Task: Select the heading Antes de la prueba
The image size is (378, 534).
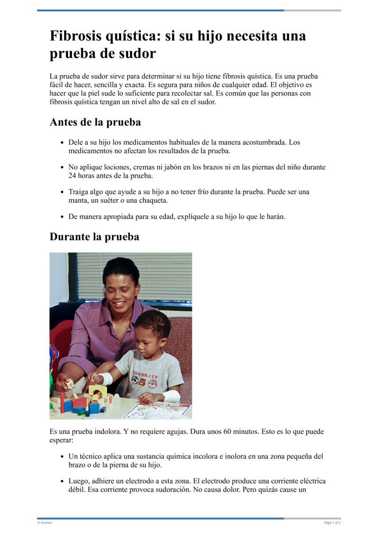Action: pyautogui.click(x=95, y=122)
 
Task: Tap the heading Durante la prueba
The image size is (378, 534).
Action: pyautogui.click(x=94, y=236)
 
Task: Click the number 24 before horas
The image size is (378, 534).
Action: pyautogui.click(x=73, y=176)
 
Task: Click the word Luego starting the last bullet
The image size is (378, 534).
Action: pyautogui.click(x=78, y=481)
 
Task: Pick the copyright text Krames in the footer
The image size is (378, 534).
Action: pyautogui.click(x=46, y=523)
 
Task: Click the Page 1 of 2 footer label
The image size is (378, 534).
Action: pyautogui.click(x=332, y=523)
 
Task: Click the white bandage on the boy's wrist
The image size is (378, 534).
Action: pyautogui.click(x=106, y=378)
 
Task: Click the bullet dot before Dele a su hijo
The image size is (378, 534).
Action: pyautogui.click(x=62, y=142)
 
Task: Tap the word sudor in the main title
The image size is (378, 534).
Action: pyautogui.click(x=137, y=53)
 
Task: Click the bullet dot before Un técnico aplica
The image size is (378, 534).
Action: pyautogui.click(x=62, y=457)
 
